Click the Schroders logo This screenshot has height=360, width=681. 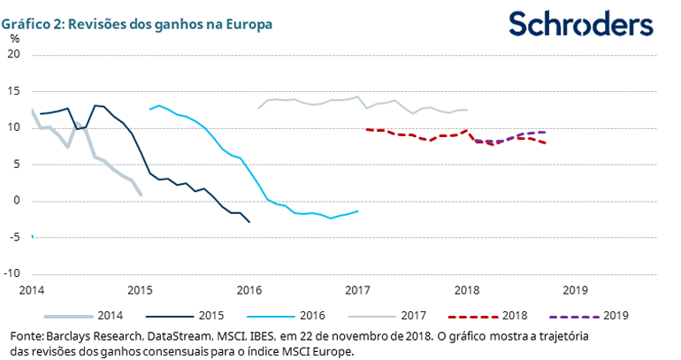click(x=581, y=24)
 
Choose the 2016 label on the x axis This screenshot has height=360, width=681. click(x=249, y=289)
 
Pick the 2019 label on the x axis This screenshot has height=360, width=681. click(x=575, y=289)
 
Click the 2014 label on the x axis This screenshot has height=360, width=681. click(x=32, y=289)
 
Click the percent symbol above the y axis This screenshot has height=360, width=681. click(x=15, y=38)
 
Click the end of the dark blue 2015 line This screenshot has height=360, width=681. click(x=249, y=222)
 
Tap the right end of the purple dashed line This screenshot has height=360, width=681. click(x=544, y=132)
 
